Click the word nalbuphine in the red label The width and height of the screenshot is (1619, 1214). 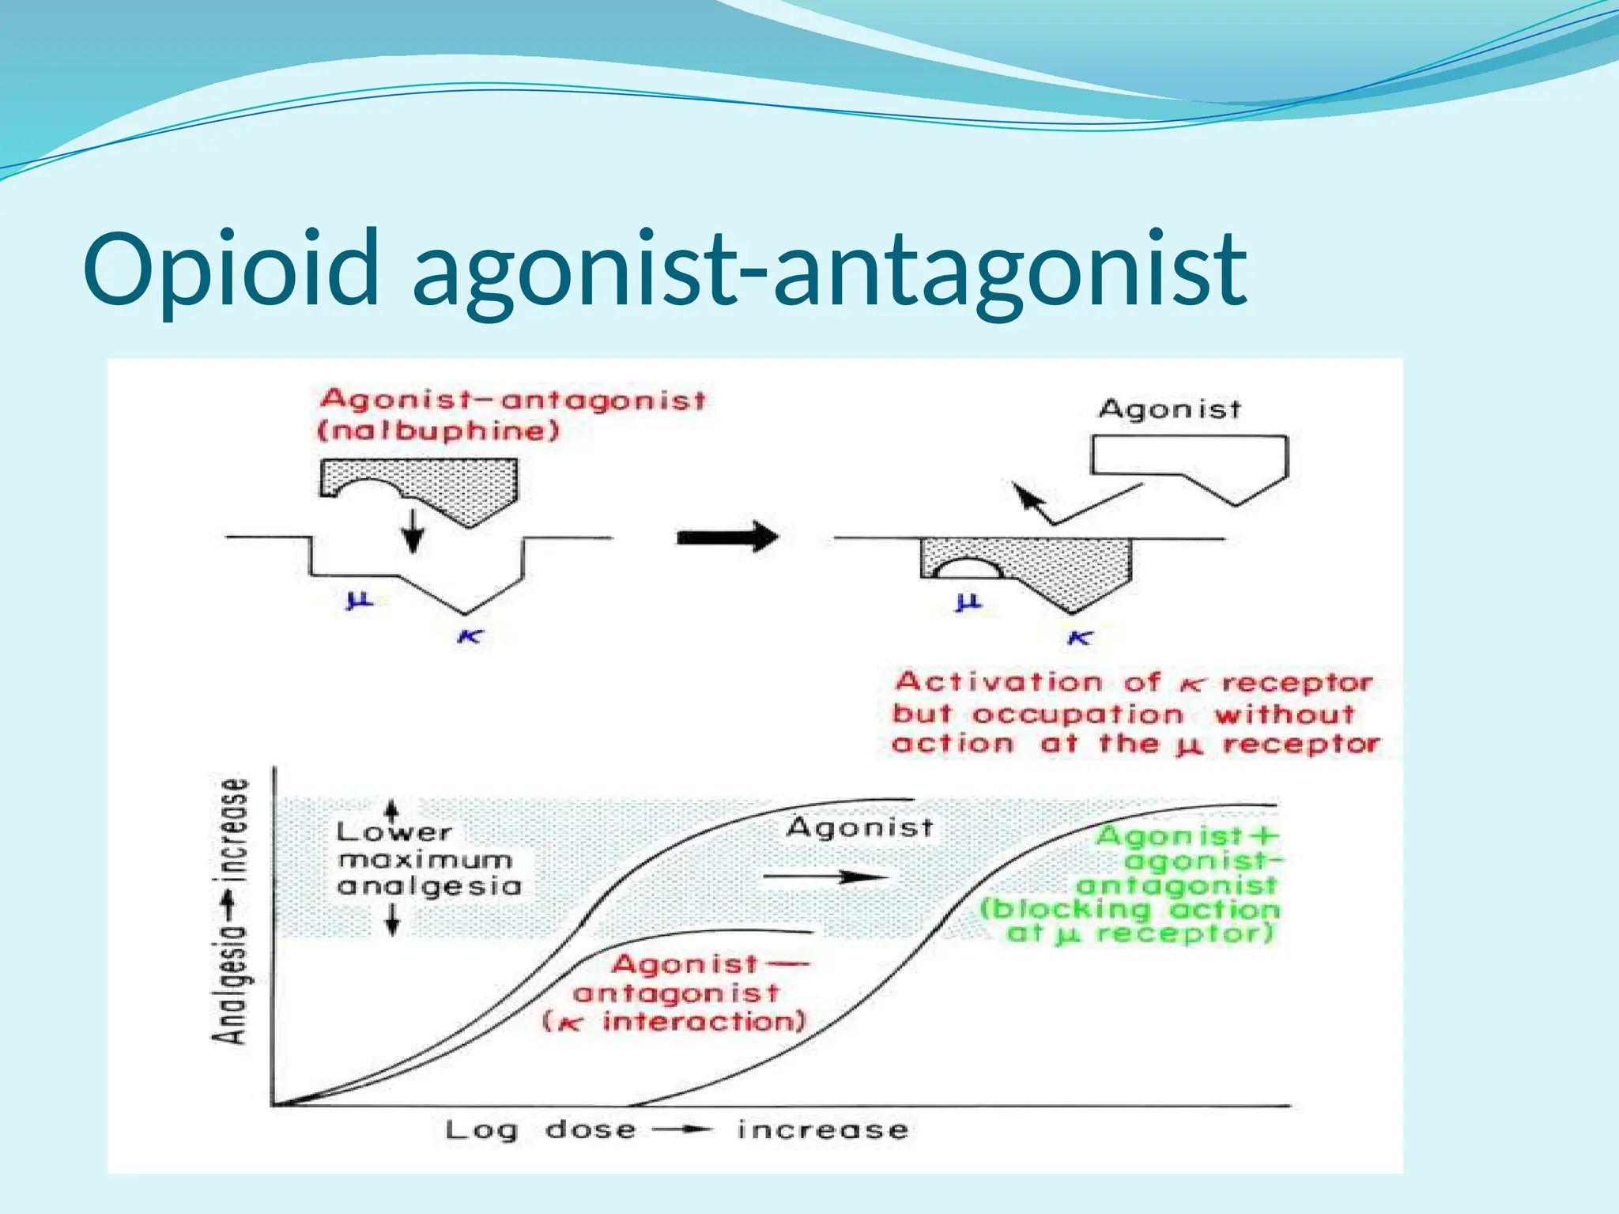coord(439,432)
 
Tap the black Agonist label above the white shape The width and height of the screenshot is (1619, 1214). coord(1169,409)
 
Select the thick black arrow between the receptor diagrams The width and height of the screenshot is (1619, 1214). coord(727,537)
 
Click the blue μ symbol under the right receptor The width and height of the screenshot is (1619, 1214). coord(968,602)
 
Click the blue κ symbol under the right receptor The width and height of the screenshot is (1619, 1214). coord(1080,637)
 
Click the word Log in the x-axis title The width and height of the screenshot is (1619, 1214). coord(481,1130)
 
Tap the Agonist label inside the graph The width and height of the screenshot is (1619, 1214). coord(860,828)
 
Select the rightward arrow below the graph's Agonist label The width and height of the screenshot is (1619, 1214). coord(825,877)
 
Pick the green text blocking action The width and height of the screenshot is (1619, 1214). coord(1130,909)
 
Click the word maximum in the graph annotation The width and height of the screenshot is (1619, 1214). coord(425,859)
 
